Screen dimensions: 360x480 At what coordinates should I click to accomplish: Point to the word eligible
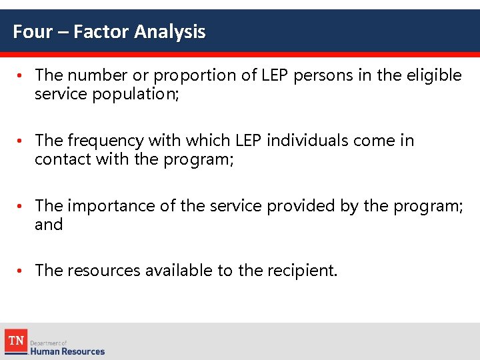pyautogui.click(x=434, y=75)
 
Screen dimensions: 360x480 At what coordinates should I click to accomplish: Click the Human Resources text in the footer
pyautogui.click(x=67, y=351)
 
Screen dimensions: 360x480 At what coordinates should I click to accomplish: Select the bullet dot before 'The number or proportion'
pyautogui.click(x=21, y=76)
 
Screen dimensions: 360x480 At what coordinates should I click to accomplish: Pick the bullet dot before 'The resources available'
pyautogui.click(x=21, y=271)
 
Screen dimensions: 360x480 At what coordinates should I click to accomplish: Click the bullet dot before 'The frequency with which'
pyautogui.click(x=21, y=141)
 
